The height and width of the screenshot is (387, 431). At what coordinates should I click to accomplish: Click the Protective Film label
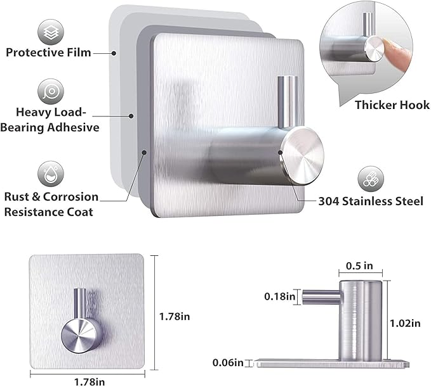coord(48,53)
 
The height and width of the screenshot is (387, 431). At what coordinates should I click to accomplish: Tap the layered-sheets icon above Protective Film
coord(51,32)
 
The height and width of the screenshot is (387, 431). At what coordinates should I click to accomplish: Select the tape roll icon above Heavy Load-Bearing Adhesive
coord(51,92)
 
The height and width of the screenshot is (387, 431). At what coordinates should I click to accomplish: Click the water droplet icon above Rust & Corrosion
coord(51,174)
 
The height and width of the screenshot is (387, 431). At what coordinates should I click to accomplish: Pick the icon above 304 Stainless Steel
coord(371,179)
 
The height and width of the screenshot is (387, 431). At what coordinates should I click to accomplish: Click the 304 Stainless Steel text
coord(371,201)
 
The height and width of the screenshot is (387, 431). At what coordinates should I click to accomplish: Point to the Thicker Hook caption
coord(392,105)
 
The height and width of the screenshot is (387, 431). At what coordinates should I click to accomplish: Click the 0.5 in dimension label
coord(359,265)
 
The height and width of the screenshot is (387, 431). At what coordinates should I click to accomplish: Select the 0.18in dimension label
coord(279,296)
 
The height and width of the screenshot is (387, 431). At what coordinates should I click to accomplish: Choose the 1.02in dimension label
coord(406,324)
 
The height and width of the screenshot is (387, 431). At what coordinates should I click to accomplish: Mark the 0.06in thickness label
coord(228,362)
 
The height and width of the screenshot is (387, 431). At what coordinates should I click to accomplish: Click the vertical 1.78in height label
coord(175,317)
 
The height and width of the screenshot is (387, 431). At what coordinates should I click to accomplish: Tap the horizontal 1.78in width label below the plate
coord(90,382)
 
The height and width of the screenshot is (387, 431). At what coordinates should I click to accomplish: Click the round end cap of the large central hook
coord(302,156)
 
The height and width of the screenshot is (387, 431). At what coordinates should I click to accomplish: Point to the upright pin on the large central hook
coord(288,102)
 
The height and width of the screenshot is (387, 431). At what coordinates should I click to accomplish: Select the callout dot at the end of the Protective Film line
coord(114,53)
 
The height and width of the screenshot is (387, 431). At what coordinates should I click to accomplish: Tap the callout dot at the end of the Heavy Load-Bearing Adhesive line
coord(131,116)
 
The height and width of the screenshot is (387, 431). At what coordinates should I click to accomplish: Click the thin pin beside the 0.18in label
coord(321,297)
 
